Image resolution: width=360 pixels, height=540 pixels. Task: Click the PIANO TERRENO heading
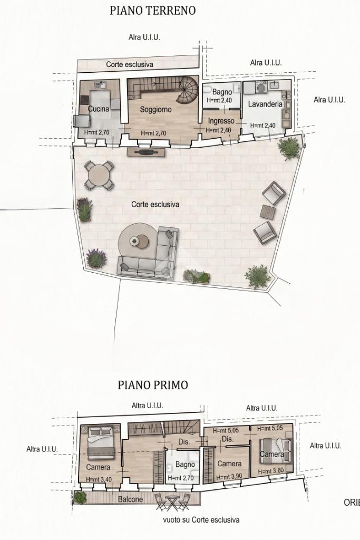[152, 11]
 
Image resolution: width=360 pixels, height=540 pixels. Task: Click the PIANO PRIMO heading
[153, 384]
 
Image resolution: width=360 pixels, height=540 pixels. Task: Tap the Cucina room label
[99, 109]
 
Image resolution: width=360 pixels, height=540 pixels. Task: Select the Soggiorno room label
[155, 110]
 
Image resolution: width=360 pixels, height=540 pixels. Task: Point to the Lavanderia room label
[265, 104]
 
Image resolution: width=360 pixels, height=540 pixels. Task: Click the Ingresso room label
[221, 121]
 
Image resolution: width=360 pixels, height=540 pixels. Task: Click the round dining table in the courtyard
[99, 175]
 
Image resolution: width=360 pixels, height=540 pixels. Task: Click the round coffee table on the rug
[139, 241]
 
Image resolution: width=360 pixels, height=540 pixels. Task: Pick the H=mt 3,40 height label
[99, 479]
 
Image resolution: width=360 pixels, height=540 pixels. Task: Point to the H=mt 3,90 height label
[229, 478]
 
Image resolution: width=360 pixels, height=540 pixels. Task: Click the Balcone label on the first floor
[130, 499]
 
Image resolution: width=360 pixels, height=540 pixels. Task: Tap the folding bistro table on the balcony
[171, 502]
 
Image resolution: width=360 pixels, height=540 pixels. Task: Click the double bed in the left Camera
[101, 442]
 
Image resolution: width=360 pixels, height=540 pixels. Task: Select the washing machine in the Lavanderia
[261, 89]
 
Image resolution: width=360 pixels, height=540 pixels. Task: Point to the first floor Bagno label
[185, 464]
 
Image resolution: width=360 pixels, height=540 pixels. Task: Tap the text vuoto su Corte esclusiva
[201, 519]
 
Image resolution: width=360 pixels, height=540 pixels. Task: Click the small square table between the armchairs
[268, 212]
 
